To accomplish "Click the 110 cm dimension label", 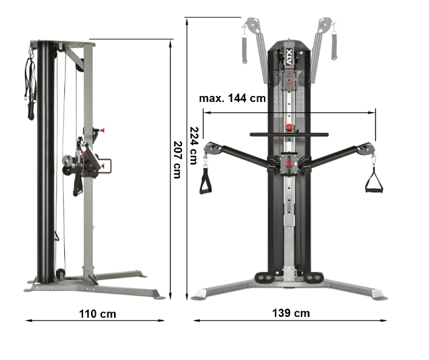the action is point(98,314).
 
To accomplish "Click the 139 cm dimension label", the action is point(291,313).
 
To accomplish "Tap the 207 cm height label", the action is point(178,160).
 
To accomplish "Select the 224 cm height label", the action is point(194,145).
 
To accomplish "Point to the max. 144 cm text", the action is point(232,98).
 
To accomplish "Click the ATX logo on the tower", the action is point(289,57).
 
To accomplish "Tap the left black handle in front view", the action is point(205,182).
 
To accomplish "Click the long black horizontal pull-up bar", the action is point(289,134).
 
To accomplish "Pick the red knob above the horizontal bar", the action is point(289,127).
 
